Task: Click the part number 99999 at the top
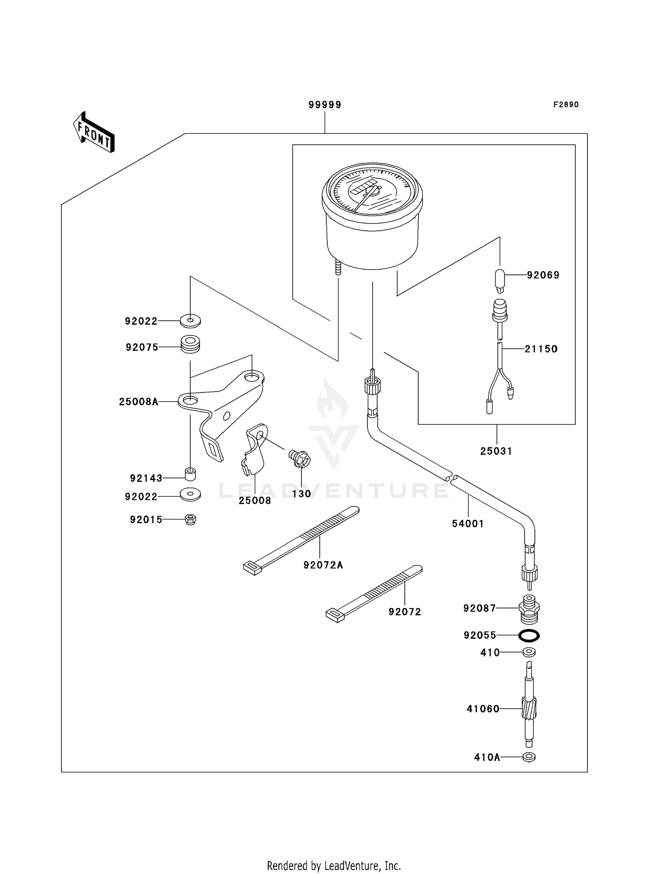325,105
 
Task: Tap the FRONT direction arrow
94,132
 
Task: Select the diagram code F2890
566,105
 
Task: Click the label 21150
541,349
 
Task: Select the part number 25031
496,451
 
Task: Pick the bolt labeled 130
300,458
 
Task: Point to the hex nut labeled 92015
190,519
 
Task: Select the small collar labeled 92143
191,474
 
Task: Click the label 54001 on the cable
468,524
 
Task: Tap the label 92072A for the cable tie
323,565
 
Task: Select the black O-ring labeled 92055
529,635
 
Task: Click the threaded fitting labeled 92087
529,608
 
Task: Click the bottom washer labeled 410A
529,757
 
